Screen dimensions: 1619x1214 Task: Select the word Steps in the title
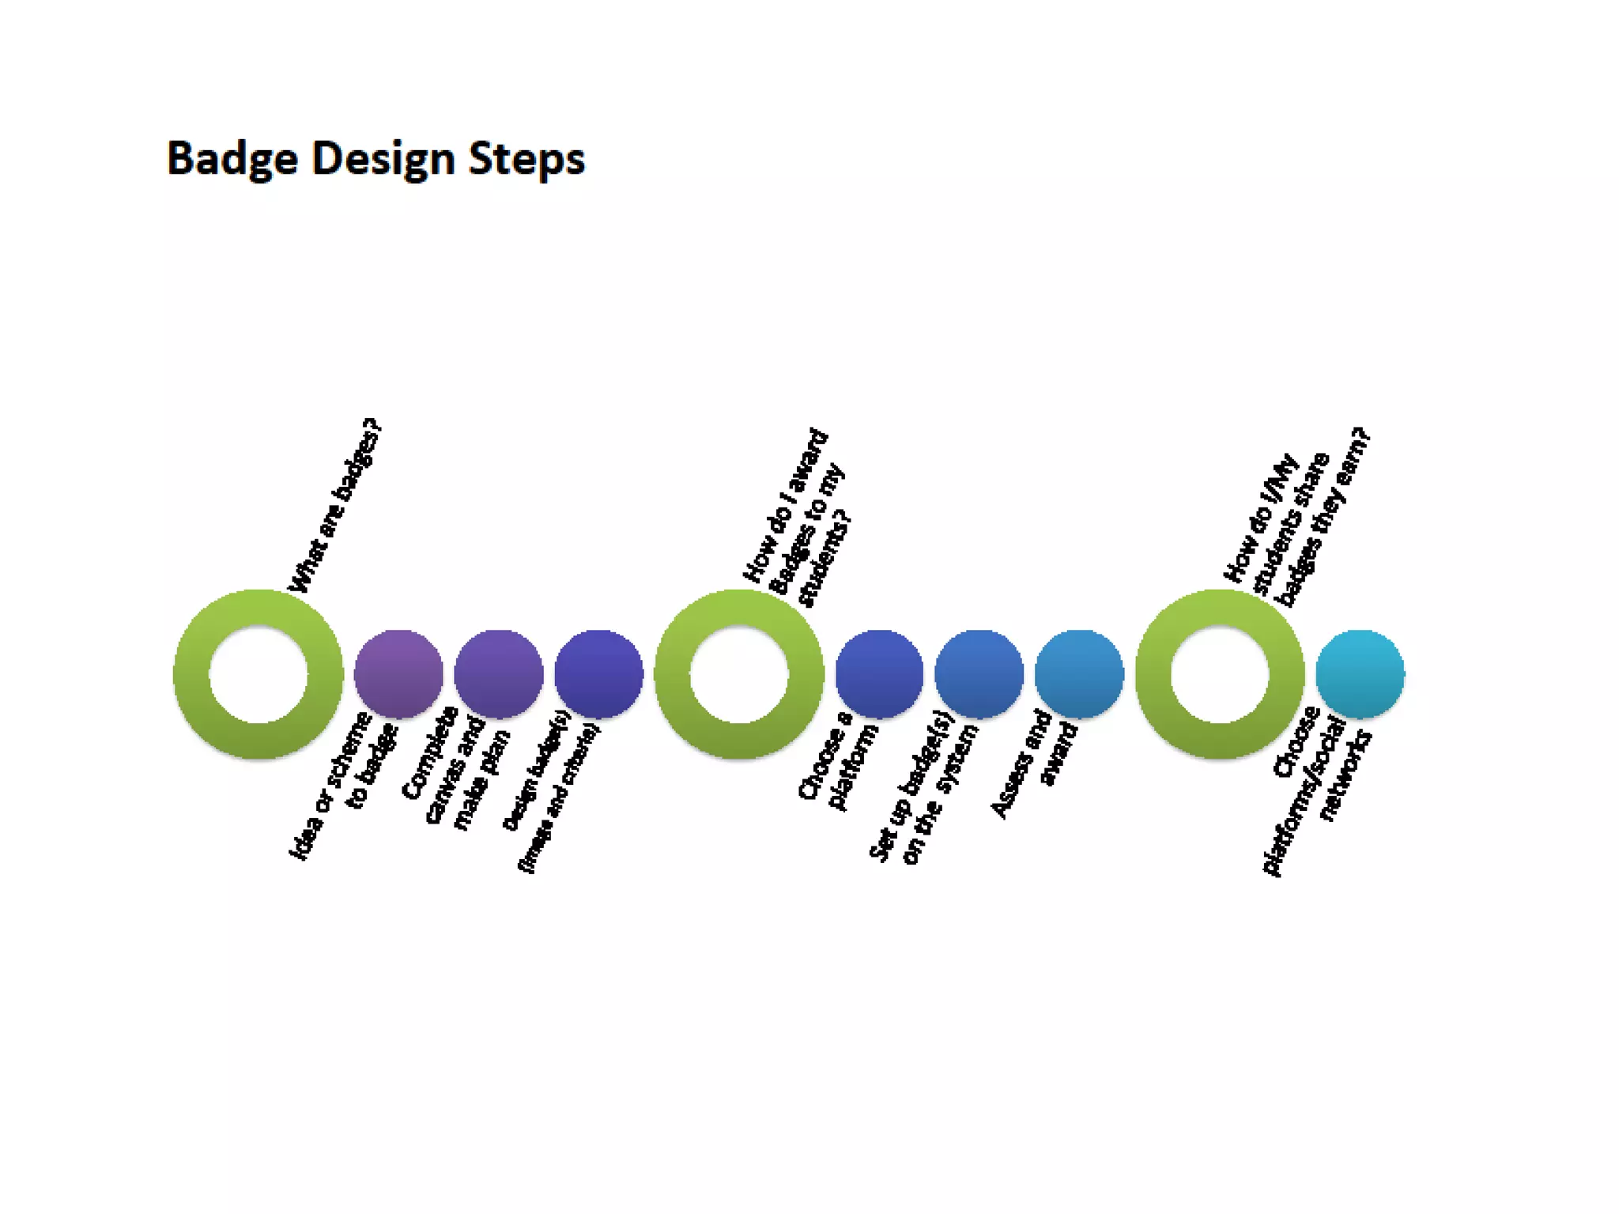click(526, 159)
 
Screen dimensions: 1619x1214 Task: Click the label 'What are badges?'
click(335, 507)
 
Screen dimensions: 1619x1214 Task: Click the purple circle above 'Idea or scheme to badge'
click(398, 673)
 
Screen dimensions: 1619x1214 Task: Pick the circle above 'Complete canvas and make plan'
click(499, 673)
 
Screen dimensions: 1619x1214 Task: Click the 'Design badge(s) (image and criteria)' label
click(552, 790)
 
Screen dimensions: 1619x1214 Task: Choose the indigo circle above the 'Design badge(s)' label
click(598, 673)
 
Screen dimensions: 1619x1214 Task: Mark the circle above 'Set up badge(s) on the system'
click(979, 673)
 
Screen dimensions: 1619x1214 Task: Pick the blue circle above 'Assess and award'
click(1079, 673)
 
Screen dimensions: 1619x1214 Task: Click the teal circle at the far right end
click(1360, 673)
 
